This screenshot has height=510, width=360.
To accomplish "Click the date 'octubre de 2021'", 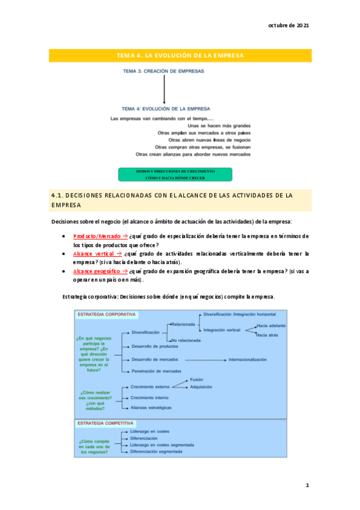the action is coord(288,26).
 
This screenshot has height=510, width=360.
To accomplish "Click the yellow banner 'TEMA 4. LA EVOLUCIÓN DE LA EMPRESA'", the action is coord(180,55).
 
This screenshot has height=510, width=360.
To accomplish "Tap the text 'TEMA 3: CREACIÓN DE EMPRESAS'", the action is coord(163,71).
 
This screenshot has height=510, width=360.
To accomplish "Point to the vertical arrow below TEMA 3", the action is coord(164,90).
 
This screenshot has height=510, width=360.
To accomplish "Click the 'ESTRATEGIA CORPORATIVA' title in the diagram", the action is coord(106,314).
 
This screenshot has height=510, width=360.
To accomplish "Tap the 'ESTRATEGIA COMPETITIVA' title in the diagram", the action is coord(106,423).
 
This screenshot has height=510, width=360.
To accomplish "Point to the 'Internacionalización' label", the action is coord(247,359).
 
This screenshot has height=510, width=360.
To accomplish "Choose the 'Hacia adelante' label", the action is coord(270,325).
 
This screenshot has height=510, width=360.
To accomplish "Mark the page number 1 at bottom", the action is coord(307,485).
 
